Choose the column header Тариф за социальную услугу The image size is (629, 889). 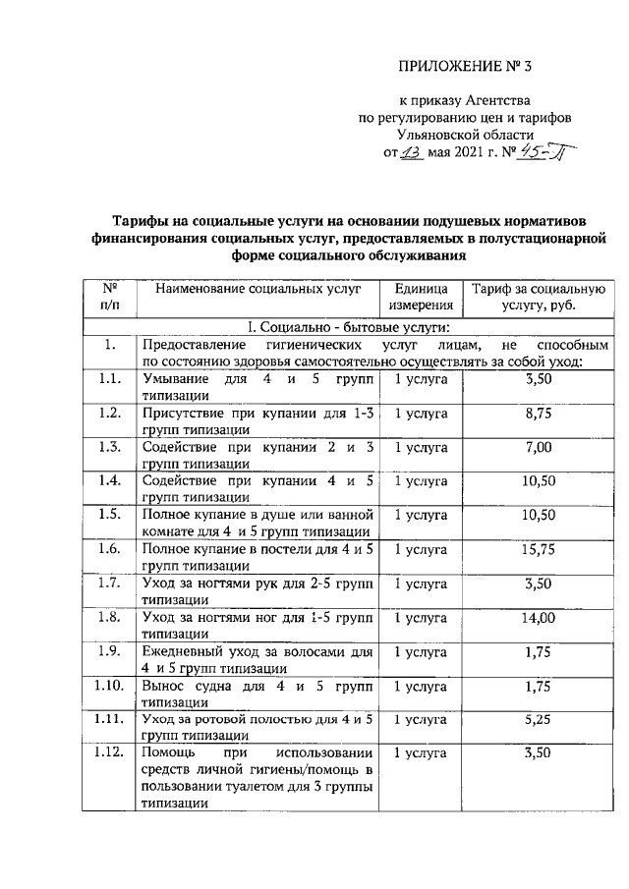(x=540, y=298)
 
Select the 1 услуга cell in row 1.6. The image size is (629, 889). (x=422, y=549)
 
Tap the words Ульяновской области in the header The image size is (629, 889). (x=464, y=135)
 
